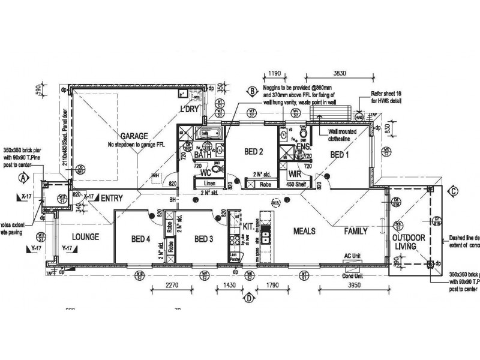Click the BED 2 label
click(253, 152)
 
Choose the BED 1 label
click(342, 154)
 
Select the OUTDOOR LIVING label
click(409, 242)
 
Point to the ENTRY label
click(112, 197)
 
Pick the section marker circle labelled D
click(248, 295)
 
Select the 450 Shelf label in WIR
click(298, 184)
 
